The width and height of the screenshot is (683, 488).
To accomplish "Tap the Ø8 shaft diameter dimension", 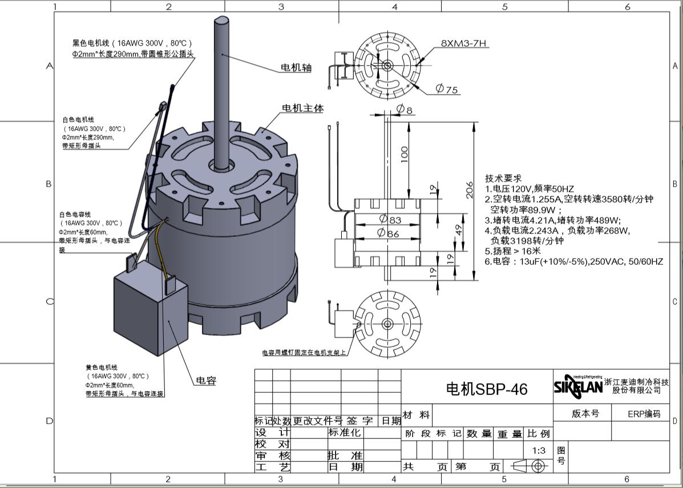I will point(405,109).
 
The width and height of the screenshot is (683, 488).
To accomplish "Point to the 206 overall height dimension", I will point(470,190).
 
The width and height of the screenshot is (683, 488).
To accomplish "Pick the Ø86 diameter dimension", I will point(389,233).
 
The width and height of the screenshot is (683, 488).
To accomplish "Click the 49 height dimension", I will point(458,230).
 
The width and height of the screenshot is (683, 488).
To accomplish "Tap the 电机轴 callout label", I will point(296,67).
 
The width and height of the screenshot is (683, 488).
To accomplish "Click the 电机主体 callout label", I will point(303,108).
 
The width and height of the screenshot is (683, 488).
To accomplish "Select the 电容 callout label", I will point(206,381).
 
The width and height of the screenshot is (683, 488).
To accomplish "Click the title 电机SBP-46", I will point(486,389).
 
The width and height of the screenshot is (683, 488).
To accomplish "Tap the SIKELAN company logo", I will point(577,386).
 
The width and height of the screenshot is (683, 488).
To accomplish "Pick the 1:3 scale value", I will point(539,450).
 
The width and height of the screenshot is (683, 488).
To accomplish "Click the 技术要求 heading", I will point(503,179).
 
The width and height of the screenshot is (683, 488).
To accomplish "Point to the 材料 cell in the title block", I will point(417,415).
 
